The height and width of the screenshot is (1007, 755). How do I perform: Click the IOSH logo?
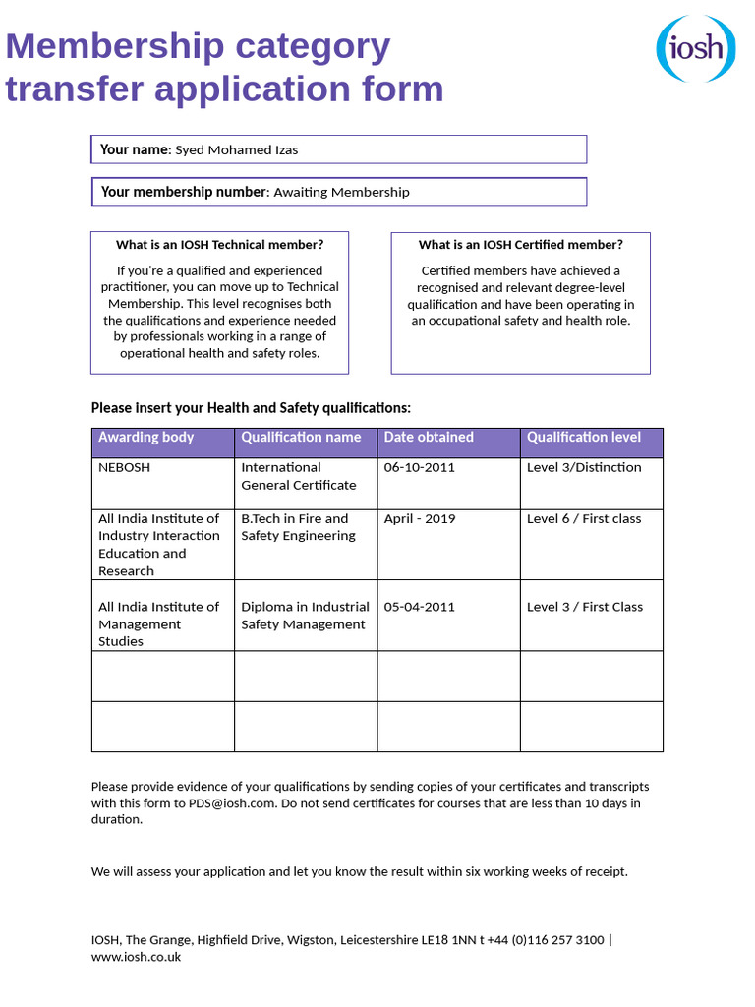(695, 48)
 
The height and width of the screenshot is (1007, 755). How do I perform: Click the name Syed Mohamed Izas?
(236, 149)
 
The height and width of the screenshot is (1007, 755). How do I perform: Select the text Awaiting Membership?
(341, 192)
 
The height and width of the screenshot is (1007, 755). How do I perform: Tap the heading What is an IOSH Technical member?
(219, 245)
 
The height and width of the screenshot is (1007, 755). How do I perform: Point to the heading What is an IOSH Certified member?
(520, 245)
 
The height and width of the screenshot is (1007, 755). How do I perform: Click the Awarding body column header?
(145, 438)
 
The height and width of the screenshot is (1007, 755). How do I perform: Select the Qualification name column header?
(301, 438)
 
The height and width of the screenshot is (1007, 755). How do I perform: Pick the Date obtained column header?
(429, 438)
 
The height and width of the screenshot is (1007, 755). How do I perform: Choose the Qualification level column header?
(584, 438)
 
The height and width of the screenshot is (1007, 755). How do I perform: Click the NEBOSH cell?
(125, 468)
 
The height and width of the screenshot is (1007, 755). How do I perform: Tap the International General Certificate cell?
(298, 476)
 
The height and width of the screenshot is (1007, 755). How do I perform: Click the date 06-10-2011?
(420, 468)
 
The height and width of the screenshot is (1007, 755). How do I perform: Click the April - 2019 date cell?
(420, 519)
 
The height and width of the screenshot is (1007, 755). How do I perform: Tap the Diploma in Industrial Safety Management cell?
(305, 616)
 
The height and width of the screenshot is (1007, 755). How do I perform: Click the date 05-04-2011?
(420, 607)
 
